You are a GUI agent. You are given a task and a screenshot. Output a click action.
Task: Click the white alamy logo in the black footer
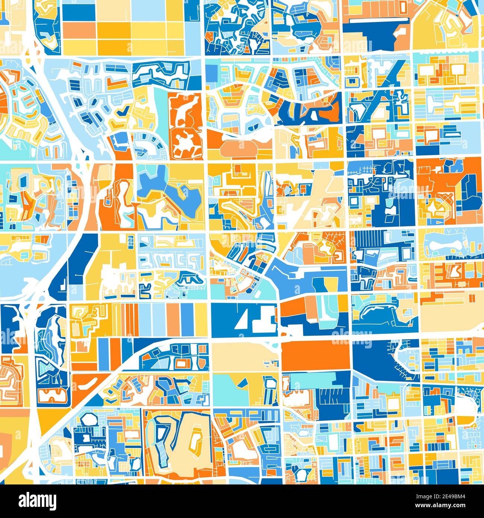click(38, 500)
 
